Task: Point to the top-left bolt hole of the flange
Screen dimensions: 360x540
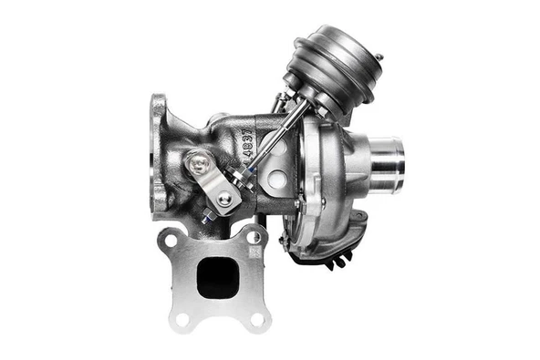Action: (171, 239)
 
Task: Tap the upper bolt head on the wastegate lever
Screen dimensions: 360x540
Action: (198, 164)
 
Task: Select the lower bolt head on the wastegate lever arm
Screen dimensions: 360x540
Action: (224, 198)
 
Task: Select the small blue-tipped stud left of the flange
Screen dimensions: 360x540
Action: (209, 217)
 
